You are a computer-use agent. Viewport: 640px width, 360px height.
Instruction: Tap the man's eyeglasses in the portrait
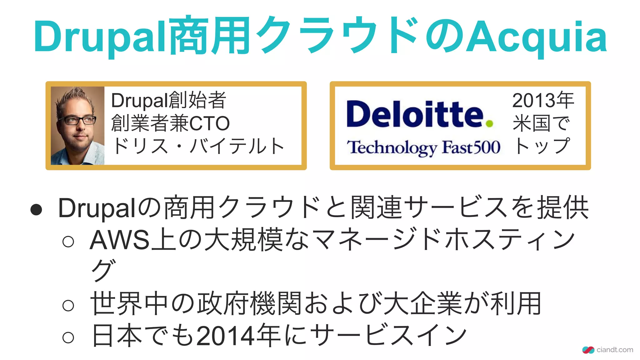(77, 120)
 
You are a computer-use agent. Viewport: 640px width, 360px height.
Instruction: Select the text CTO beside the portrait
(209, 123)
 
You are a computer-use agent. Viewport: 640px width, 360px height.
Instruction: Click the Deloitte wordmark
(415, 114)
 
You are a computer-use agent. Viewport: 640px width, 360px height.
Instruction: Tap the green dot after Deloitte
(489, 124)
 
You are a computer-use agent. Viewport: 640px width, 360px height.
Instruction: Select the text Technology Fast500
(423, 147)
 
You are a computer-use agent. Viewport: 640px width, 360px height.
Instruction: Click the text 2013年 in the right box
(543, 100)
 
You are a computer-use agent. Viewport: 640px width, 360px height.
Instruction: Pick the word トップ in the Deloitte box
(542, 146)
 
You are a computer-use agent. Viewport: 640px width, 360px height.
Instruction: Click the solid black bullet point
(36, 210)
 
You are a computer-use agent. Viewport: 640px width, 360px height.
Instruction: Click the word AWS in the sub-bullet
(120, 240)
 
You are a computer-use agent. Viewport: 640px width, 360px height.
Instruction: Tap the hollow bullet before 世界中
(68, 305)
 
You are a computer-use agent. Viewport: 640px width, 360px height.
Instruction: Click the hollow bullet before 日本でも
(68, 337)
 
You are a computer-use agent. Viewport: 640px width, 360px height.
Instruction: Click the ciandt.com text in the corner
(615, 350)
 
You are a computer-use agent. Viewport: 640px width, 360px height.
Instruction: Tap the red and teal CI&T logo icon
(588, 350)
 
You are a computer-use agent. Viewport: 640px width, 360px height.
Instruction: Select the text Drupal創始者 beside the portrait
(169, 100)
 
